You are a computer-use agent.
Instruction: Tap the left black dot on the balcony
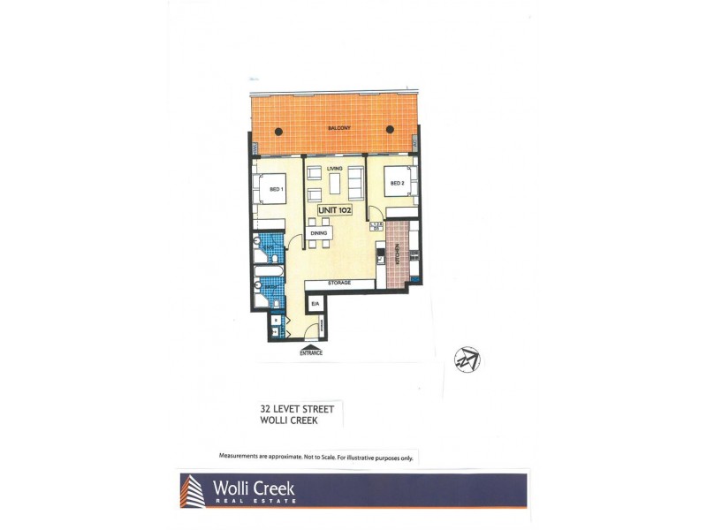[x=279, y=132]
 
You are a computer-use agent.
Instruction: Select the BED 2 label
[x=397, y=184]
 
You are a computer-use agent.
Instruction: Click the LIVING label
[x=334, y=168]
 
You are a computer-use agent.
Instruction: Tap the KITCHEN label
[x=399, y=255]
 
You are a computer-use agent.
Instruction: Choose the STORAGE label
[x=339, y=284]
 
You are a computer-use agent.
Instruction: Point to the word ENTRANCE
[x=310, y=352]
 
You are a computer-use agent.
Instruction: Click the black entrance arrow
[x=310, y=345]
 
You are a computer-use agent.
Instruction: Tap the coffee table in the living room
[x=333, y=185]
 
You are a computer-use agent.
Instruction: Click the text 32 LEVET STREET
[x=297, y=409]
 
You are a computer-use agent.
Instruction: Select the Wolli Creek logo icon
[x=193, y=490]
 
